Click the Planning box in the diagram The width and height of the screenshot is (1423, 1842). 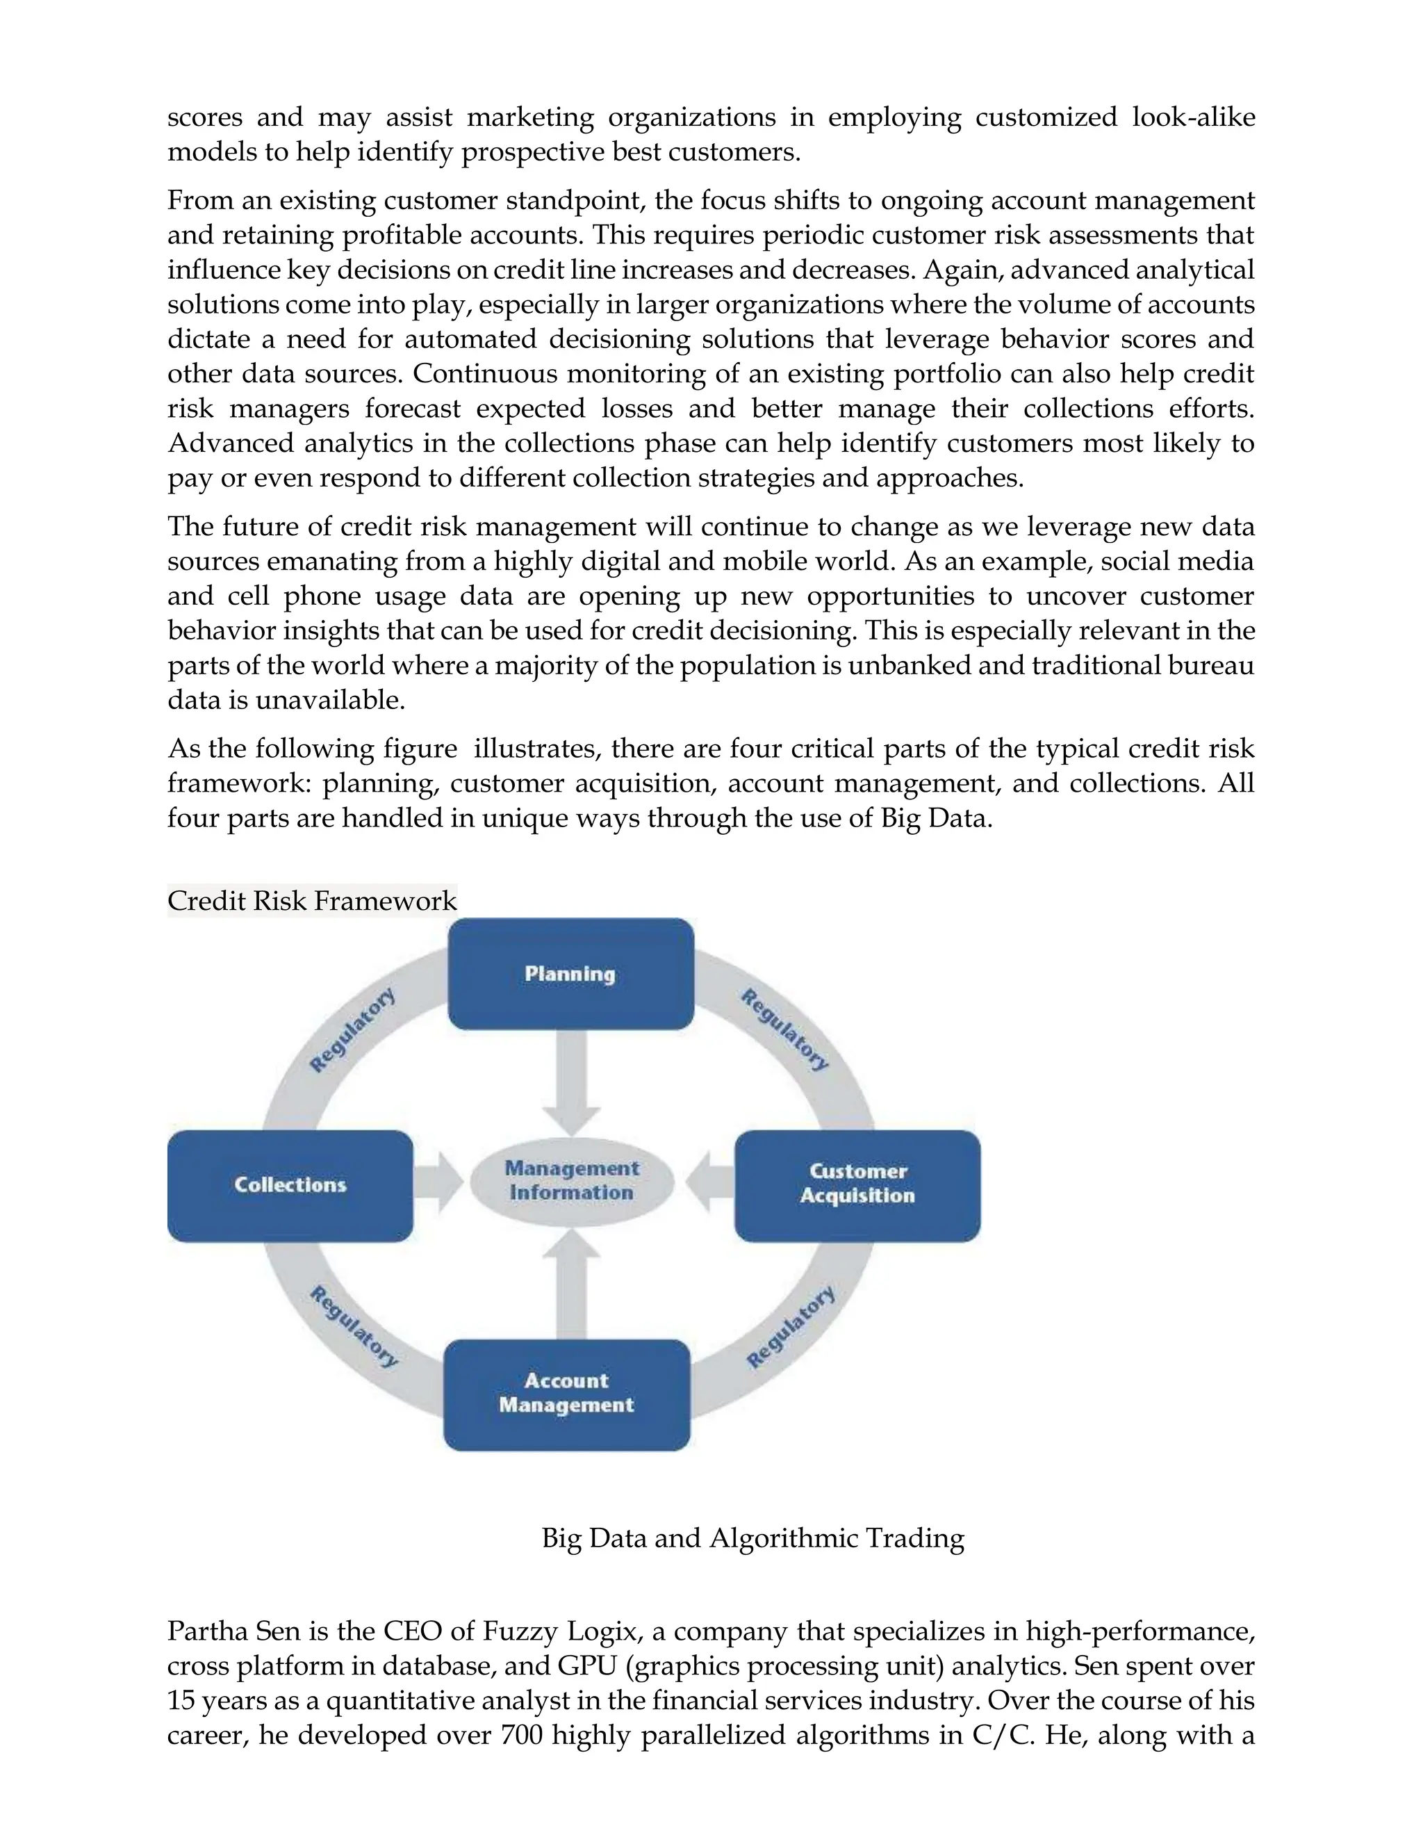coord(570,973)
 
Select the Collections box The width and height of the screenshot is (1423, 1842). coord(290,1185)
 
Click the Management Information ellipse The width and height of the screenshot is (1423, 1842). coord(572,1181)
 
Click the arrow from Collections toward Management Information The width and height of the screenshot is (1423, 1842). coord(438,1182)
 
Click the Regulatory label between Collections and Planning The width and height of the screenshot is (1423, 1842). coord(352,1031)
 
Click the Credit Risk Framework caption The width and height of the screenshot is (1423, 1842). coord(311,901)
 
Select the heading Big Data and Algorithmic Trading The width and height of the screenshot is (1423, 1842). coord(752,1538)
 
